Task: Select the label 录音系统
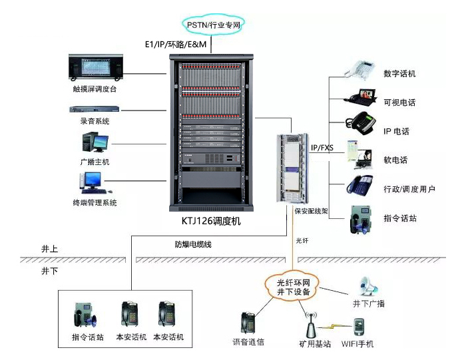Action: click(91, 121)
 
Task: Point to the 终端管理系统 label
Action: click(95, 202)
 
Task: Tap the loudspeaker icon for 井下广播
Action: click(369, 287)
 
